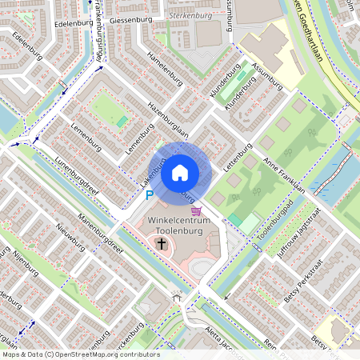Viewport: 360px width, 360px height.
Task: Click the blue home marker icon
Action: click(x=180, y=172)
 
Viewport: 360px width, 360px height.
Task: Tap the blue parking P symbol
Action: click(x=149, y=194)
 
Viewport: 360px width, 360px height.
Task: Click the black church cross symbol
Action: click(x=161, y=243)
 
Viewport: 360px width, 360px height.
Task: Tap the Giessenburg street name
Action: click(x=130, y=18)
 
